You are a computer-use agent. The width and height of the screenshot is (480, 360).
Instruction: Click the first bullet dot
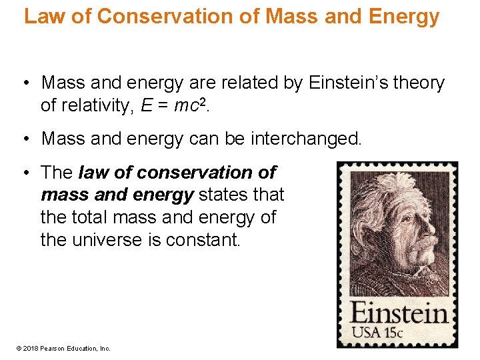click(x=24, y=83)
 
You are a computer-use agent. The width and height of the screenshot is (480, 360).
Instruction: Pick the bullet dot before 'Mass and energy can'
click(x=24, y=139)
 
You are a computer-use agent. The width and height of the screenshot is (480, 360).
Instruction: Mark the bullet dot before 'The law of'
click(x=24, y=173)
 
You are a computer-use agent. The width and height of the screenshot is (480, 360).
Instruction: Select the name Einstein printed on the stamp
click(x=399, y=313)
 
